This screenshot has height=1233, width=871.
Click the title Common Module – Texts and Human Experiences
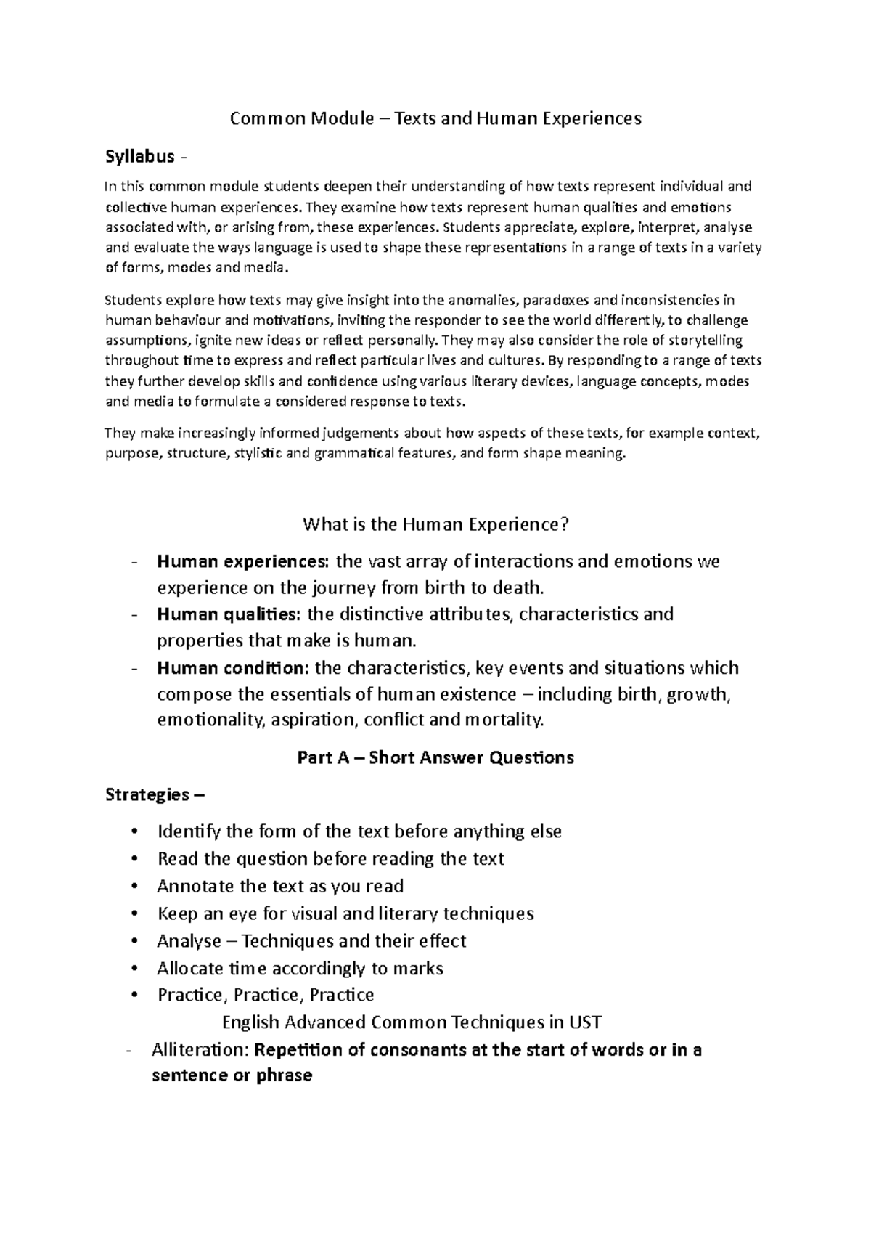435,118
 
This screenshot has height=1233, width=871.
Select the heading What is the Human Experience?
435,524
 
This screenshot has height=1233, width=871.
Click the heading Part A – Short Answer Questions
435,758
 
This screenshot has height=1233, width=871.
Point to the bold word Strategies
147,795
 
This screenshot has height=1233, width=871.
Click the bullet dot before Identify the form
134,832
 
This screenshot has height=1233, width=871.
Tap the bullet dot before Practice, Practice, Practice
134,996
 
